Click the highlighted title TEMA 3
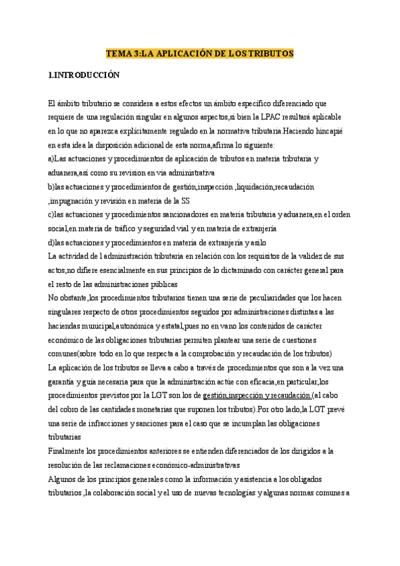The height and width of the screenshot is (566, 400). coord(200,53)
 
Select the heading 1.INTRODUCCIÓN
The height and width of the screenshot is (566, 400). coord(84,75)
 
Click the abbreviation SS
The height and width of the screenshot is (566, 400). coord(193,200)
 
